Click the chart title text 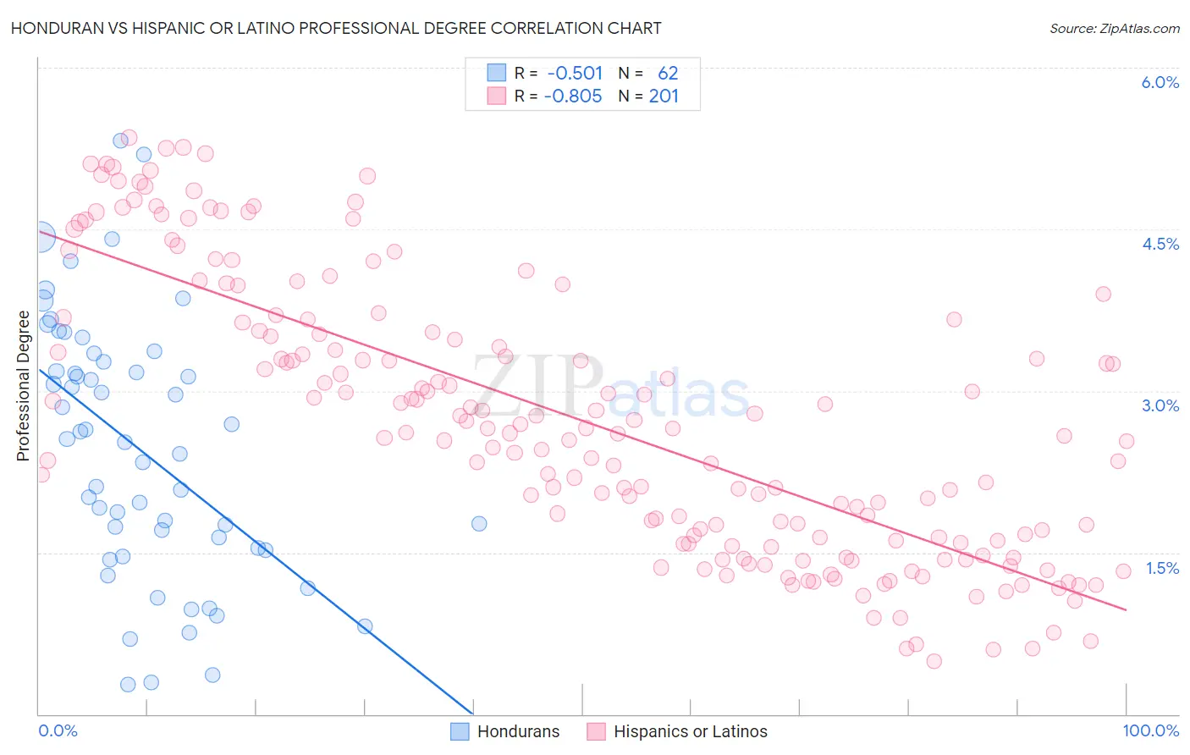tap(336, 28)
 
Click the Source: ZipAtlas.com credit tap(1114, 28)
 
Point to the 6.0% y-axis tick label tap(1160, 82)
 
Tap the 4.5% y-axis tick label tap(1160, 244)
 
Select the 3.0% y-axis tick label tap(1160, 405)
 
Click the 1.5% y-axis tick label tap(1161, 568)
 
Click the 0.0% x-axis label tap(58, 730)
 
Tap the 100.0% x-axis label tap(1150, 730)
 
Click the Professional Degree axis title tap(23, 386)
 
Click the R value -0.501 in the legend tap(575, 73)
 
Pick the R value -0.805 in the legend tap(573, 96)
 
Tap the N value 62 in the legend tap(668, 73)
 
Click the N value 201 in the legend tap(664, 96)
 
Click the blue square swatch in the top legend tap(496, 73)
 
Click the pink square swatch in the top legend tap(496, 96)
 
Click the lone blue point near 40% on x tap(479, 523)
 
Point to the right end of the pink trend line tap(1126, 609)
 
